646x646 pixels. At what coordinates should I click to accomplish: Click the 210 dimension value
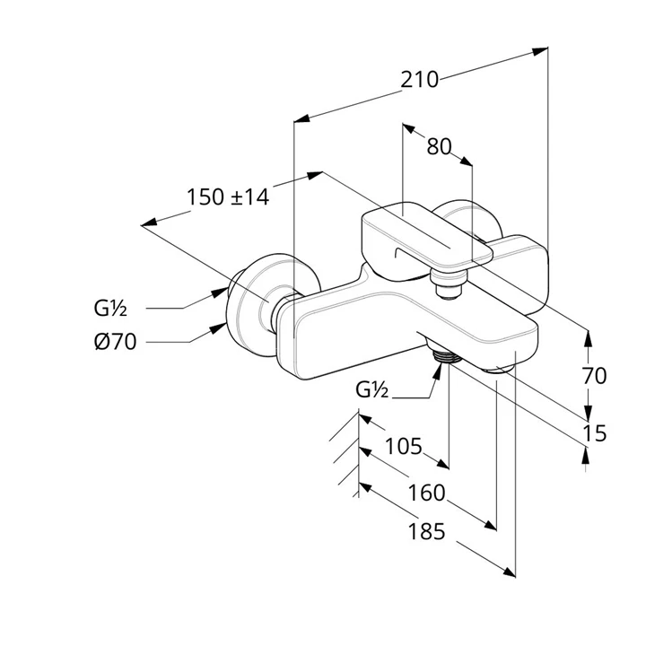click(x=420, y=80)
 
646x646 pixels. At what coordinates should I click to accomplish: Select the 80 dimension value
click(x=439, y=147)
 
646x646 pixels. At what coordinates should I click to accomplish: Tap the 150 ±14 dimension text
click(x=228, y=197)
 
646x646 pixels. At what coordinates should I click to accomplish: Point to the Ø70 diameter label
click(x=114, y=341)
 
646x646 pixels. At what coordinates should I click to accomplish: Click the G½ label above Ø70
click(x=110, y=309)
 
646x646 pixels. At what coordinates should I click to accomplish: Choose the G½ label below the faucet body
click(x=371, y=390)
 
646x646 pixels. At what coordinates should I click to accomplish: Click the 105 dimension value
click(x=403, y=446)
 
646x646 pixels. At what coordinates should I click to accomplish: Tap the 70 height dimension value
click(x=594, y=376)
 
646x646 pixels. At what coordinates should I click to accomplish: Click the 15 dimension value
click(x=594, y=434)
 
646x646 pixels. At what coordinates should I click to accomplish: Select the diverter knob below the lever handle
click(x=445, y=286)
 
